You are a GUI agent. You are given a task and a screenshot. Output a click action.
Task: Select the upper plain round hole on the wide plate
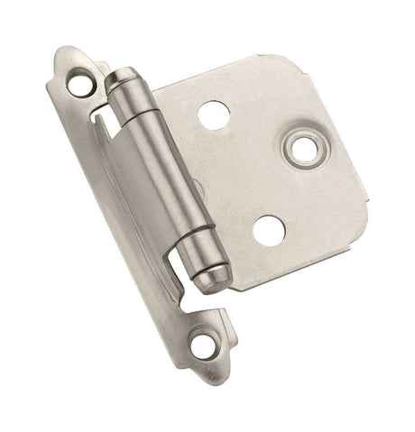(214, 114)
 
